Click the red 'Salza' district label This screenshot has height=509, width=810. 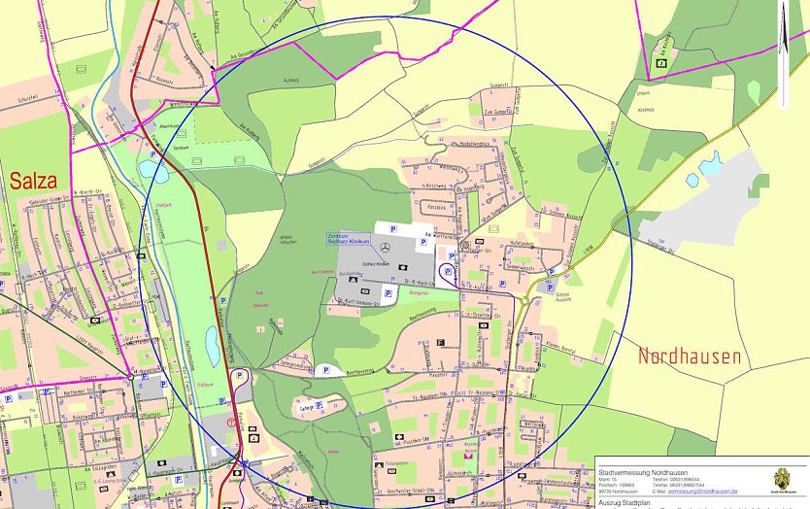coord(33,181)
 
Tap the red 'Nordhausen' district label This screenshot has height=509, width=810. coord(689,356)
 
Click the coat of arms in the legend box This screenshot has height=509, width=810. coord(781,481)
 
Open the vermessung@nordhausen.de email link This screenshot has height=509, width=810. coord(702,492)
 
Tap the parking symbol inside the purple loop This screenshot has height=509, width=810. coord(448,272)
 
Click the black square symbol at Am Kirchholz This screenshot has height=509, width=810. coord(661,63)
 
